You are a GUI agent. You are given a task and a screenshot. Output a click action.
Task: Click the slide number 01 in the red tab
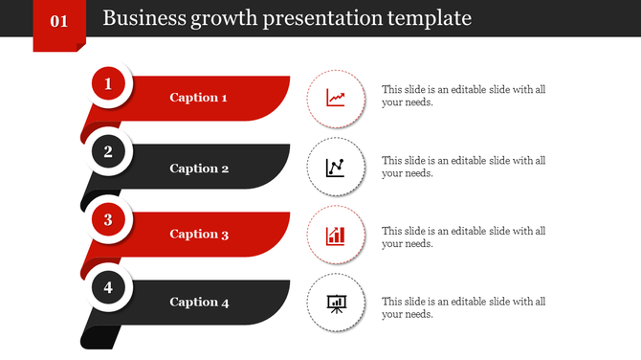58,20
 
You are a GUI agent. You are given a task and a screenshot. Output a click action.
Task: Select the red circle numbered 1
108,84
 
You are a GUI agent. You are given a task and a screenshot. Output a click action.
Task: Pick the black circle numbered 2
108,151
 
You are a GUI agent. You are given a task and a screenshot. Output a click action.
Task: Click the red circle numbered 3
108,219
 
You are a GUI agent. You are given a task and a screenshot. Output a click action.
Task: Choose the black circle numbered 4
108,287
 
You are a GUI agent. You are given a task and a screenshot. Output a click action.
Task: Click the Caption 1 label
198,98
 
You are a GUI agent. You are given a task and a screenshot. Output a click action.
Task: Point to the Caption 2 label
199,169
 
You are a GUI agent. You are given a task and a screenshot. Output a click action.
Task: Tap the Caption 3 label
199,235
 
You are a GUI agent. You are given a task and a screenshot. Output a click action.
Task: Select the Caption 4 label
199,303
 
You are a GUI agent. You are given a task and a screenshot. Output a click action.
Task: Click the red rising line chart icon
336,98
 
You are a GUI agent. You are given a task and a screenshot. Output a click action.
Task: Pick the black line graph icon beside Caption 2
336,168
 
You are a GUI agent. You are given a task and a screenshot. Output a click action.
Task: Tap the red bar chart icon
336,236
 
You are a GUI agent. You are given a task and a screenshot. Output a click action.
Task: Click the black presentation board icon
336,304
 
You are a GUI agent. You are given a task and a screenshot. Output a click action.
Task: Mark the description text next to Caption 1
463,96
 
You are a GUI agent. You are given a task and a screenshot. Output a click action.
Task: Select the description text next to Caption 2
463,167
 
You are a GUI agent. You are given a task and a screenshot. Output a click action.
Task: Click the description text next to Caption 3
463,236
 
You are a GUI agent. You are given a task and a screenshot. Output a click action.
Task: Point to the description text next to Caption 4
463,307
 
